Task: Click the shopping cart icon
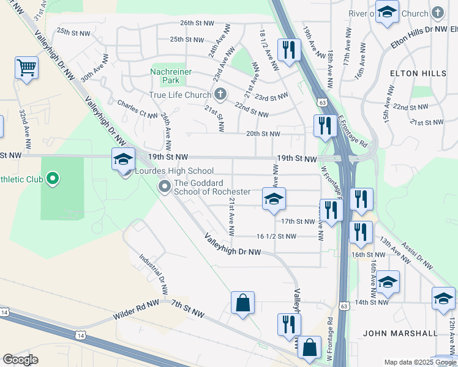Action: pos(27,67)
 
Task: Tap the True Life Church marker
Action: pos(221,94)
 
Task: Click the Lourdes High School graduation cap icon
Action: pos(123,160)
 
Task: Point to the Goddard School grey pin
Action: pos(164,187)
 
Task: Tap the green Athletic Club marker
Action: pos(53,179)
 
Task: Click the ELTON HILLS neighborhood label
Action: pos(418,73)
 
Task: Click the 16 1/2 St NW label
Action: pos(276,236)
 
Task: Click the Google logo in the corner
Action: pos(20,360)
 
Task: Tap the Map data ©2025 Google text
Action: pos(419,362)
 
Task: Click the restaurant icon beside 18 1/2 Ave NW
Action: pos(288,49)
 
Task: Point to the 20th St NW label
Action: pos(263,134)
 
